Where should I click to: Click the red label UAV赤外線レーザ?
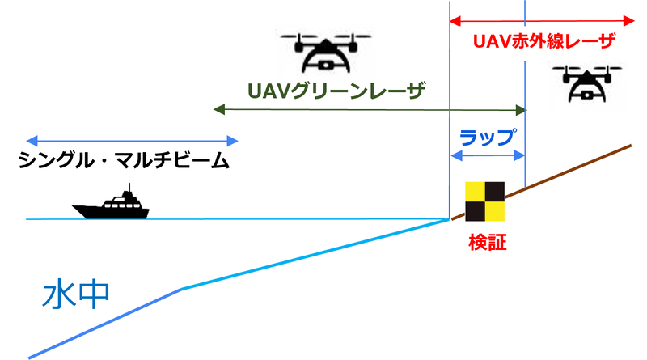tap(543, 41)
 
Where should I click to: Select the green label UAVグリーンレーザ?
tap(336, 91)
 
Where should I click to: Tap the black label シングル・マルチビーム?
tap(124, 160)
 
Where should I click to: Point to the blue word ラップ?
tap(488, 138)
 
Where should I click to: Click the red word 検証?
tap(488, 243)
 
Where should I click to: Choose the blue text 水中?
tap(76, 294)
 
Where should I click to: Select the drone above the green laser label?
tap(326, 53)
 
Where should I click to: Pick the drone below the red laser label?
tap(587, 83)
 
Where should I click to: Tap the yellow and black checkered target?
tap(484, 201)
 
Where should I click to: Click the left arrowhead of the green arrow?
tap(218, 109)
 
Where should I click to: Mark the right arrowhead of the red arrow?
tap(629, 21)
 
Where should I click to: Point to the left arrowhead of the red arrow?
tap(455, 21)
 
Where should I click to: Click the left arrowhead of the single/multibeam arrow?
tap(32, 141)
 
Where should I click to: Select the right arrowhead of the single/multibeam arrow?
tap(232, 141)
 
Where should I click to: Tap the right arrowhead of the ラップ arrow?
tap(519, 155)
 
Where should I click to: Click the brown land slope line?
tap(541, 182)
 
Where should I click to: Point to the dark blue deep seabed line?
tap(105, 324)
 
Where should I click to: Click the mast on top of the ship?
tap(129, 188)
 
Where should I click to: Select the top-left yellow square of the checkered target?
tap(475, 192)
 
